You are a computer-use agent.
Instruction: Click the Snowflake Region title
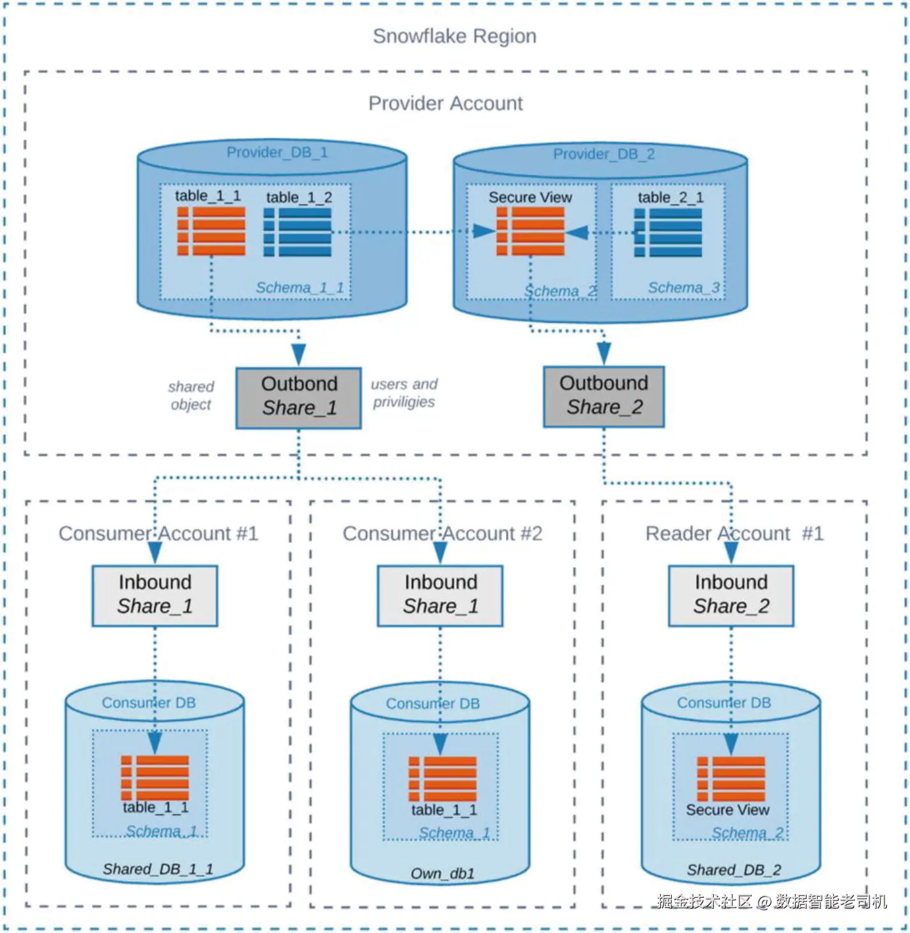pyautogui.click(x=454, y=36)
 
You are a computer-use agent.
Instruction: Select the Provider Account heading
pyautogui.click(x=445, y=103)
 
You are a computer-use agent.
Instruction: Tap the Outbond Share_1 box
pyautogui.click(x=299, y=398)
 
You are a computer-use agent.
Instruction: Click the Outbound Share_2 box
pyautogui.click(x=603, y=397)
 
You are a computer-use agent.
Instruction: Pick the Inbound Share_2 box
pyautogui.click(x=731, y=596)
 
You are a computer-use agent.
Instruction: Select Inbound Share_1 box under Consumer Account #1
pyautogui.click(x=155, y=596)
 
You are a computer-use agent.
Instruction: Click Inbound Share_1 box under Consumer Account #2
pyautogui.click(x=440, y=596)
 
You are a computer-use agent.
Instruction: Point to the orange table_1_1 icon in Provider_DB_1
pyautogui.click(x=211, y=231)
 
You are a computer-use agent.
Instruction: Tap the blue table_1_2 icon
pyautogui.click(x=297, y=232)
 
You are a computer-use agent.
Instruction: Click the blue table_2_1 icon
pyautogui.click(x=668, y=232)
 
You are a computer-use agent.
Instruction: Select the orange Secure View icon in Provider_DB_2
pyautogui.click(x=530, y=232)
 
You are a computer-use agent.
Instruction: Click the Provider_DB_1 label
pyautogui.click(x=277, y=153)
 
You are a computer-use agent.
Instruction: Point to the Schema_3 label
pyautogui.click(x=684, y=287)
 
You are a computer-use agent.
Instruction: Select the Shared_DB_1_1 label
pyautogui.click(x=158, y=869)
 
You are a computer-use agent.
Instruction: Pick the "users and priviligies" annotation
pyautogui.click(x=404, y=393)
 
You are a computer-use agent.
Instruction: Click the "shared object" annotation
pyautogui.click(x=191, y=395)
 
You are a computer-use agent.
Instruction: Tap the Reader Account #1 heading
pyautogui.click(x=734, y=534)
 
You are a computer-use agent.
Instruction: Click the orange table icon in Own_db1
pyautogui.click(x=443, y=779)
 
